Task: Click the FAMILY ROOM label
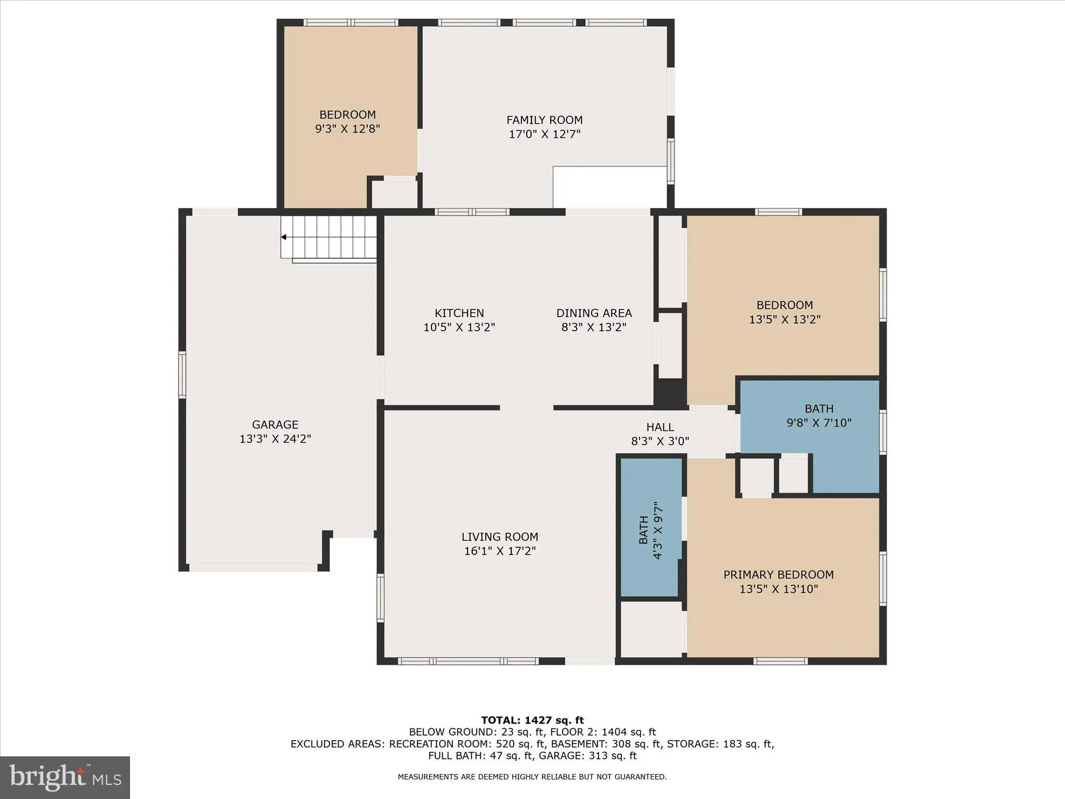point(544,120)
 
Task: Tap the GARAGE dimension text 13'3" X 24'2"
point(275,439)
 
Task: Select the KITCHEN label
point(459,313)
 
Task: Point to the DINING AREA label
point(594,313)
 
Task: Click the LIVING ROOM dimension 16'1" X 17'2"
point(500,551)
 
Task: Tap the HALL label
point(660,427)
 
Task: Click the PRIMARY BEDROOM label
point(778,575)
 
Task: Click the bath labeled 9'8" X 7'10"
point(819,416)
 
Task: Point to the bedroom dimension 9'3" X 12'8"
point(347,128)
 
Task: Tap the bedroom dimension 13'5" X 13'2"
point(784,319)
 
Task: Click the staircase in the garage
point(329,237)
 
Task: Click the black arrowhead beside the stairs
point(283,237)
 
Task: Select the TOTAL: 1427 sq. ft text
point(532,720)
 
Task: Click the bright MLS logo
point(65,777)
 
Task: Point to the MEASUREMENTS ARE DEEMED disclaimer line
point(532,777)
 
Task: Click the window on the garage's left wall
point(182,375)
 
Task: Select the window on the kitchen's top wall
point(472,212)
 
